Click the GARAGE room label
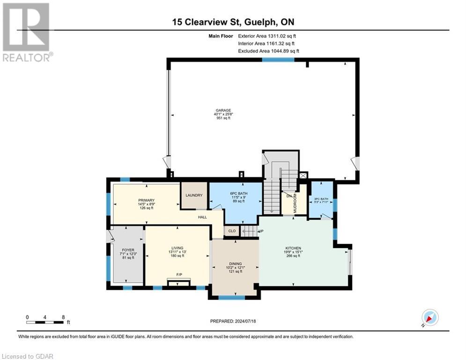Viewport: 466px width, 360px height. coord(223,111)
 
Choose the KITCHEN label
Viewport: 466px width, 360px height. coord(293,248)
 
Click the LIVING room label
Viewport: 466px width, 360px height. coord(177,248)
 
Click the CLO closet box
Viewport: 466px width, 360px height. coord(231,231)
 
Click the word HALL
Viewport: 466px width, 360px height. coord(202,217)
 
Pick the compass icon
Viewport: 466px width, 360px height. coord(429,318)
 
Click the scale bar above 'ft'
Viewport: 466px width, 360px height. coord(45,322)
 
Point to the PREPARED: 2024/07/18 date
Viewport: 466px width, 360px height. coord(233,321)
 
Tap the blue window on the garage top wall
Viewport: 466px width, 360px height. coord(278,60)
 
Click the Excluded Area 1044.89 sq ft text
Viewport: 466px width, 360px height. coord(268,51)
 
